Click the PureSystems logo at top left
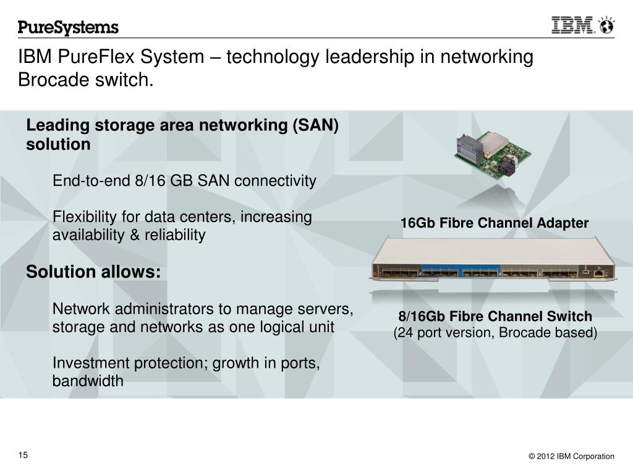[68, 28]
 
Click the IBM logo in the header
[573, 25]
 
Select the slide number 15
[23, 455]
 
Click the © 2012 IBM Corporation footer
[571, 456]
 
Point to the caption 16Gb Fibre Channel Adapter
[495, 223]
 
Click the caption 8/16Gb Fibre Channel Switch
[495, 317]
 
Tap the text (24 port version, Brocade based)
[495, 333]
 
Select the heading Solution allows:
[93, 272]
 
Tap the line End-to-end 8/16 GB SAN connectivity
[184, 181]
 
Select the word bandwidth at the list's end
[88, 381]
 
